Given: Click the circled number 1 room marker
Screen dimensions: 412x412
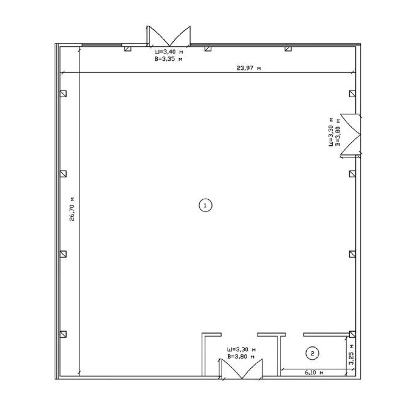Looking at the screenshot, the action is (205, 205).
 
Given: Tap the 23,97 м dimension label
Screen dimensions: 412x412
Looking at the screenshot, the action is (249, 68).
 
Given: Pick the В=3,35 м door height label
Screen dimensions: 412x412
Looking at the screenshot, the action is (169, 59).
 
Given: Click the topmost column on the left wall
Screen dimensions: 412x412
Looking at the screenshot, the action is (63, 94).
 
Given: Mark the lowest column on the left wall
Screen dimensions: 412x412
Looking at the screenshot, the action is (63, 334).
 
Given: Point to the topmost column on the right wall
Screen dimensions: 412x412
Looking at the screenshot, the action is (352, 94).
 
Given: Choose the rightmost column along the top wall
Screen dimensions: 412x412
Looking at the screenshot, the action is (288, 49).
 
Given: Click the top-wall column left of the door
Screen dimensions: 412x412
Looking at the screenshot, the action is (128, 49).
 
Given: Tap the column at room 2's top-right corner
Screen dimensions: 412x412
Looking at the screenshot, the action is (352, 334).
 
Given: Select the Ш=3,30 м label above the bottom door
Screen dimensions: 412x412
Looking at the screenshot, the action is (241, 350).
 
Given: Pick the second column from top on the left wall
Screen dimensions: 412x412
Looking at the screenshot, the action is (63, 174).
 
